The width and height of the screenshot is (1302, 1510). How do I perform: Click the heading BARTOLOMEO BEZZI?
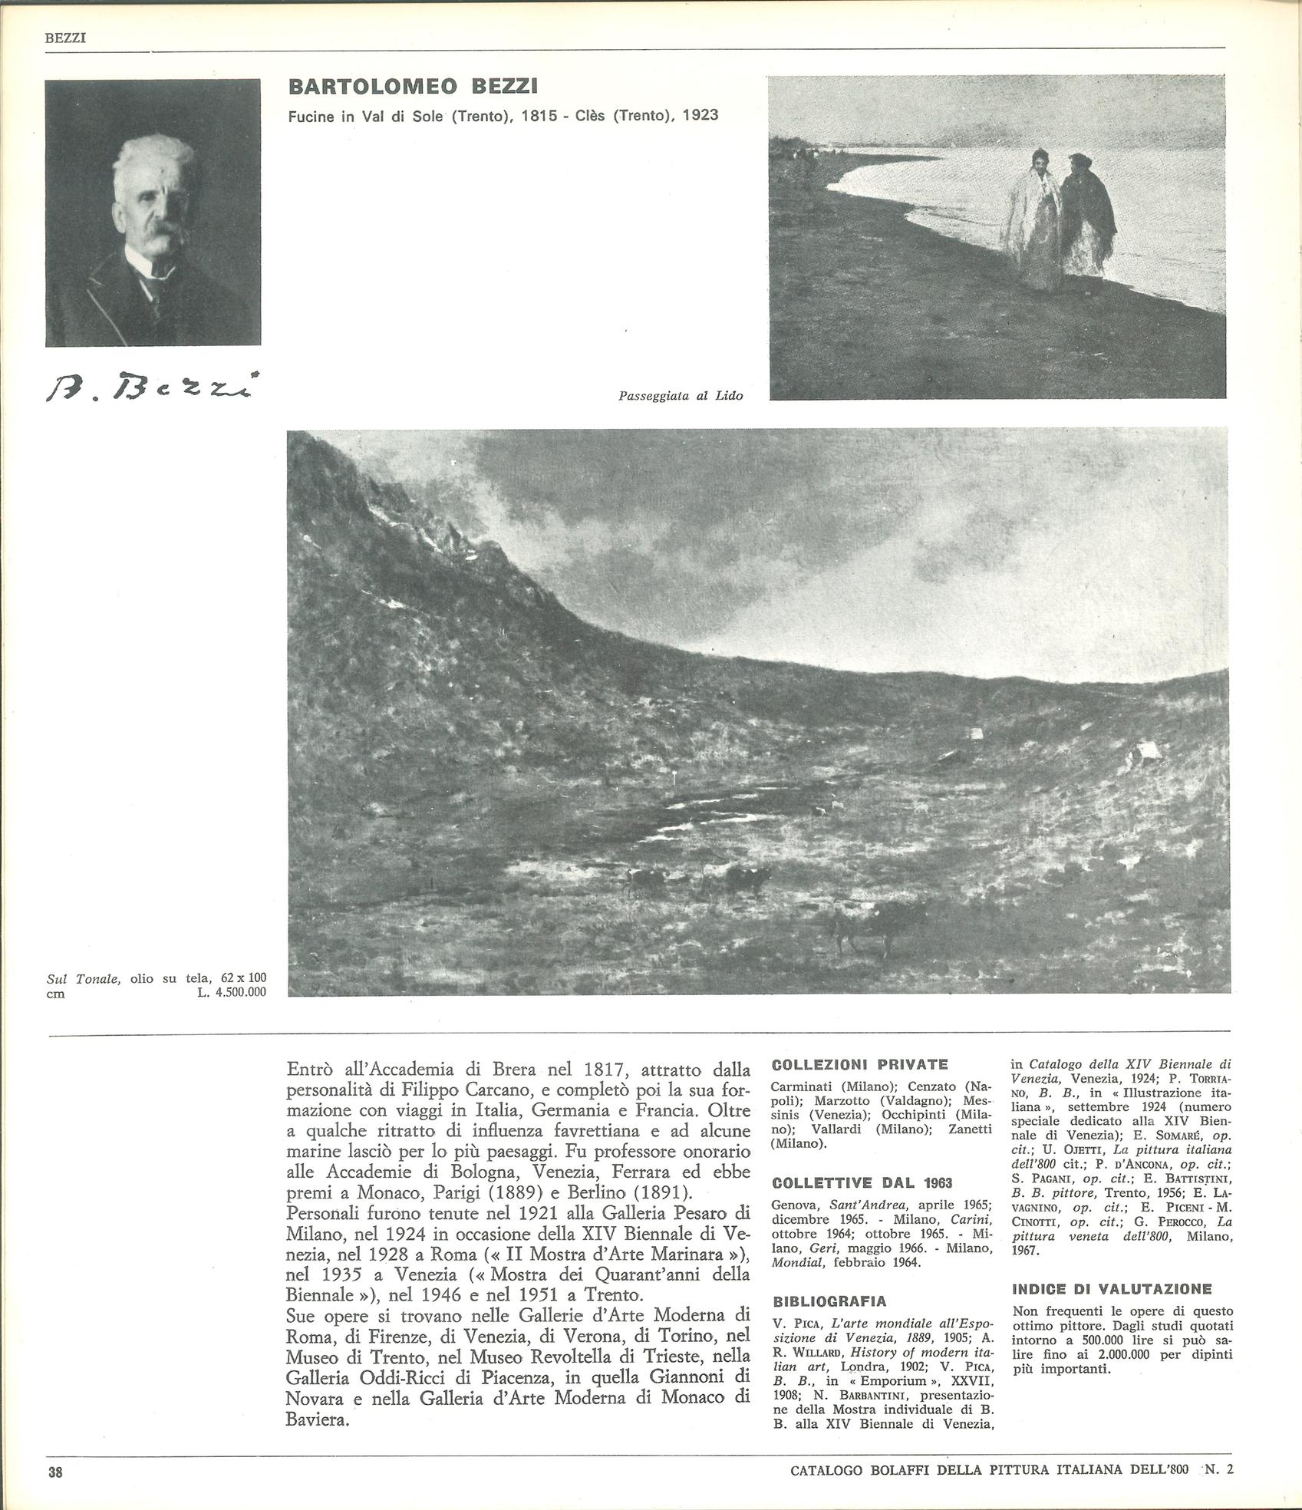(x=418, y=87)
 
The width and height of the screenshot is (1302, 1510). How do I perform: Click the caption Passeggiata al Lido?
(x=681, y=396)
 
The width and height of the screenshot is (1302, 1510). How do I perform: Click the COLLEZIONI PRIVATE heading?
(x=859, y=1065)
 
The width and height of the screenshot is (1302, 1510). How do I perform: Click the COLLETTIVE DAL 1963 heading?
(x=862, y=1183)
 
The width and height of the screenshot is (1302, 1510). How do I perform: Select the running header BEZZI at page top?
(x=64, y=36)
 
